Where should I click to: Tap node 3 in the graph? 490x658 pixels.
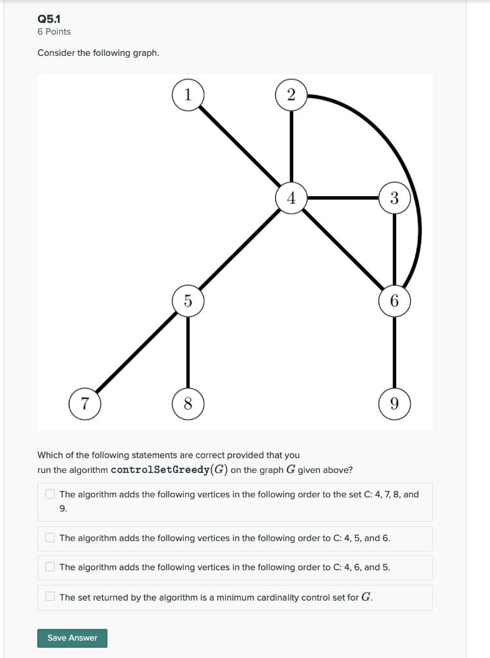(x=394, y=198)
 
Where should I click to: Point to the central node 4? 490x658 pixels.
(x=291, y=198)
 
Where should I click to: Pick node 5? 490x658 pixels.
(x=188, y=301)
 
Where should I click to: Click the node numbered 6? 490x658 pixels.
(x=394, y=301)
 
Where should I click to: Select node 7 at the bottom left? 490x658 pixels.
(x=85, y=404)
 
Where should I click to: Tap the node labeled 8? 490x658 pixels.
(x=188, y=404)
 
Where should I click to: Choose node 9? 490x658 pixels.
(x=394, y=404)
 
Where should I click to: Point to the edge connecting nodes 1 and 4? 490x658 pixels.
(x=239, y=146)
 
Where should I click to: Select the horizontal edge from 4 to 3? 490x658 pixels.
(x=343, y=198)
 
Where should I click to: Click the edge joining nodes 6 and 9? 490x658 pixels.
(x=394, y=352)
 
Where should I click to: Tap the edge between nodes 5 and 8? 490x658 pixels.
(x=188, y=352)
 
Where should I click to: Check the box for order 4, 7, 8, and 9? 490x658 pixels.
(x=50, y=494)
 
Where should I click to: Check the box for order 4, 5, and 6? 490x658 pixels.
(x=50, y=538)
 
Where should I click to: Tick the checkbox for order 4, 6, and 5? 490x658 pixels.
(x=50, y=567)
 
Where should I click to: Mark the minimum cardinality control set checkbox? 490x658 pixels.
(x=50, y=597)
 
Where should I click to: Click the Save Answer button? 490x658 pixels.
(x=72, y=638)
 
